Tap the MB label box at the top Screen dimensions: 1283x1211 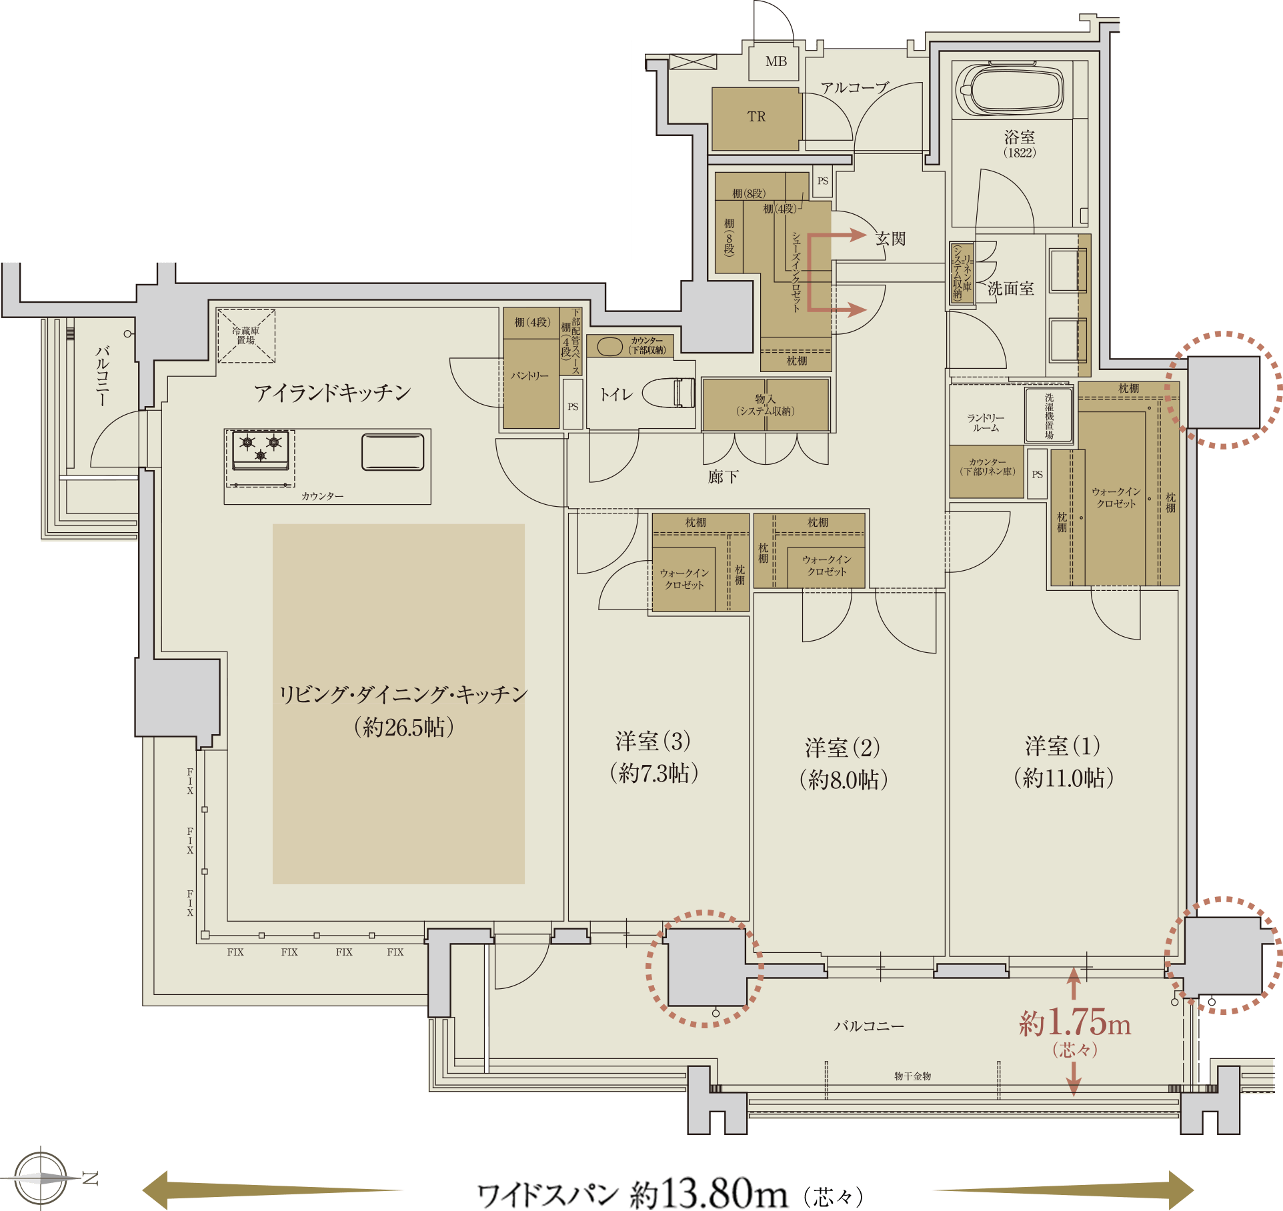776,61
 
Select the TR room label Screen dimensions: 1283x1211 756,117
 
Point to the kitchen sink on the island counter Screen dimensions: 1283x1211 393,452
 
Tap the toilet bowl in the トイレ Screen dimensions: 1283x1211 669,393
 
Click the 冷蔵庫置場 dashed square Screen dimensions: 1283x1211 246,335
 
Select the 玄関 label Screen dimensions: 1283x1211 891,239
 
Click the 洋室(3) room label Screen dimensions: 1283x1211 653,741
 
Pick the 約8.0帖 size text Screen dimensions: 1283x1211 844,780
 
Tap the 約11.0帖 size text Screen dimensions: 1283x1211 1064,778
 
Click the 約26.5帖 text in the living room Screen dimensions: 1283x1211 404,727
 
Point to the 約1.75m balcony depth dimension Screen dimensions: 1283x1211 1075,1022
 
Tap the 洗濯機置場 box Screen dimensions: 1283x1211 1049,415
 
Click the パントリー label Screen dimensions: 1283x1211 530,376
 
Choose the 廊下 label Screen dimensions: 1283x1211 724,477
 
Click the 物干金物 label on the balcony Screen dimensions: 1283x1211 912,1076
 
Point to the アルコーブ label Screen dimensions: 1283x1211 855,88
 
